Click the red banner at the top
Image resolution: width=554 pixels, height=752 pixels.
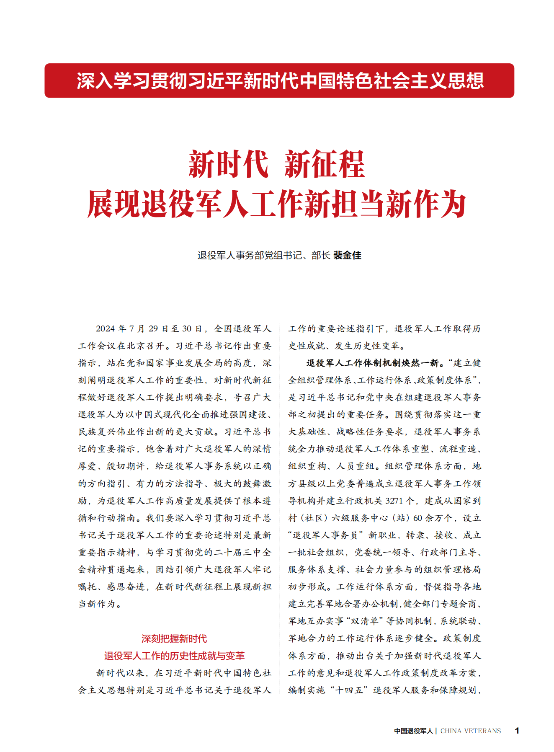[279, 80]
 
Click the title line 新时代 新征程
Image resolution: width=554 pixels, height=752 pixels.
[277, 164]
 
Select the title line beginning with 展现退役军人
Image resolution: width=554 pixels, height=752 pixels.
[277, 204]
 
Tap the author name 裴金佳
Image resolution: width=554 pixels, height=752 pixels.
[347, 255]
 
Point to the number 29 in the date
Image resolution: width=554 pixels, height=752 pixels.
[153, 329]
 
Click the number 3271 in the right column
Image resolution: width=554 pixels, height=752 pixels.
[394, 501]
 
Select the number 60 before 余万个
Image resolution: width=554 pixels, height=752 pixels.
[417, 518]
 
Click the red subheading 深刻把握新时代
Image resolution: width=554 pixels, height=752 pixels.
[174, 638]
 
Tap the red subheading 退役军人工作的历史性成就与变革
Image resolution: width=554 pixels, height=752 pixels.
[174, 656]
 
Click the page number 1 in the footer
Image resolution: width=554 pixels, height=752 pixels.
[517, 731]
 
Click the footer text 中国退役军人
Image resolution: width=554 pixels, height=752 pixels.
[413, 731]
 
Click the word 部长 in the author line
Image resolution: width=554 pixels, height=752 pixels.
[321, 255]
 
